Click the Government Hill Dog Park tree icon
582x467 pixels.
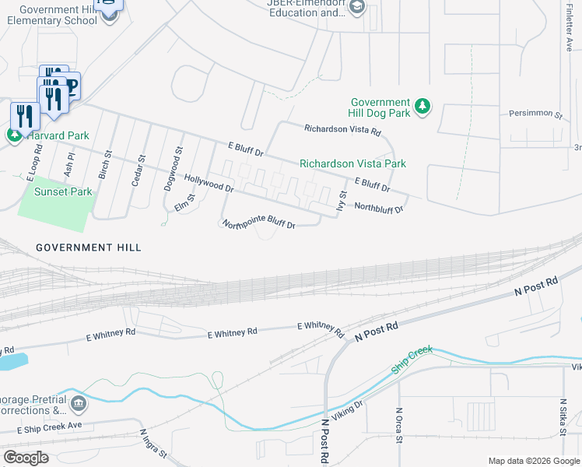(422, 107)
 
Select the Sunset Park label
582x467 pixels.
(63, 191)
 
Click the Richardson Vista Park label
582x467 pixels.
(352, 164)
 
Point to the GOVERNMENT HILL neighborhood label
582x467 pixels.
(89, 248)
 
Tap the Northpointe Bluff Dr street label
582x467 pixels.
(259, 224)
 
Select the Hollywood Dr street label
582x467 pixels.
(209, 183)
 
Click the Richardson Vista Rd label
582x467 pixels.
(342, 131)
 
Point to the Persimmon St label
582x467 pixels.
(535, 114)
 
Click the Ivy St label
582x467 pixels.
(341, 199)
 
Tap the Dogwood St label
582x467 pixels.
(179, 160)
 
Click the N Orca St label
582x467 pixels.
(399, 423)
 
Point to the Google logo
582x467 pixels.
(26, 458)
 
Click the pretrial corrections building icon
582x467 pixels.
(79, 403)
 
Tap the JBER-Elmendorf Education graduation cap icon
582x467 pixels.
(357, 8)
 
